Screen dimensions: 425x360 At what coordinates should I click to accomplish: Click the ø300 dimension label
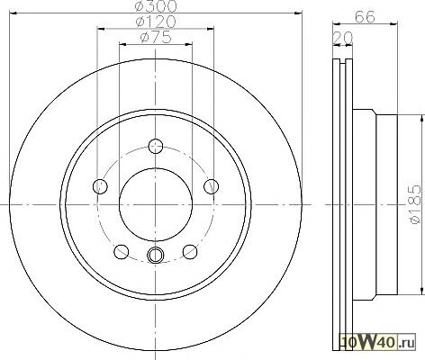pyautogui.click(x=156, y=6)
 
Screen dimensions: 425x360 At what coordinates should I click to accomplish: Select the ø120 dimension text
pyautogui.click(x=156, y=22)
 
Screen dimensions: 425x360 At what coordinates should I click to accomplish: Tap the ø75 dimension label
pyautogui.click(x=156, y=37)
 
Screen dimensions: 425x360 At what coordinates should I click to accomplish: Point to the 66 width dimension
pyautogui.click(x=365, y=17)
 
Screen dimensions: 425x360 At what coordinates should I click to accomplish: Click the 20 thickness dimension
pyautogui.click(x=343, y=38)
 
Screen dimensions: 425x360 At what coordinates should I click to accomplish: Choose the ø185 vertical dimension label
pyautogui.click(x=416, y=204)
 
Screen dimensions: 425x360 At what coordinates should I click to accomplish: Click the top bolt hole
pyautogui.click(x=156, y=146)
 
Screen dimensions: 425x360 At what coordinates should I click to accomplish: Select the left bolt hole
pyautogui.click(x=100, y=186)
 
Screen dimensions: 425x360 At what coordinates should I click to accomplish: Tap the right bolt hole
pyautogui.click(x=212, y=186)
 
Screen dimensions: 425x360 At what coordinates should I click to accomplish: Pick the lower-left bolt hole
pyautogui.click(x=122, y=252)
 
